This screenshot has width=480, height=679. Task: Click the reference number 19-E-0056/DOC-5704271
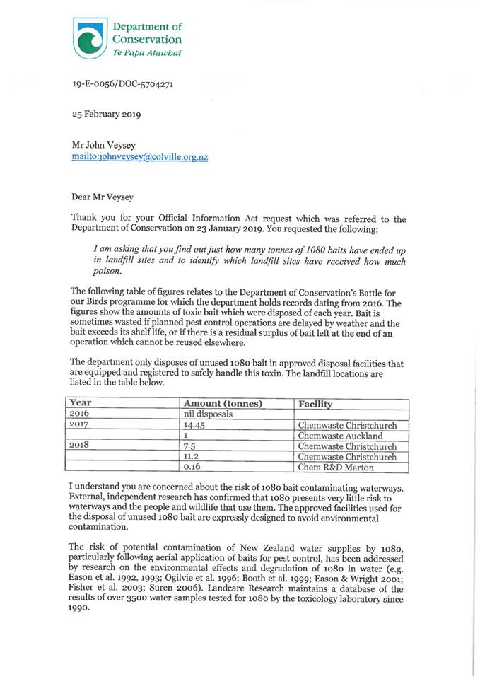click(x=123, y=84)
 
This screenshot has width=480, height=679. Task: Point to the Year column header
click(x=81, y=404)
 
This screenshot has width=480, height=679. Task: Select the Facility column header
click(x=315, y=404)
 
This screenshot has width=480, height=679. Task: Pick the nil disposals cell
click(x=208, y=414)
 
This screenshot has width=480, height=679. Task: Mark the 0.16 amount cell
click(x=192, y=468)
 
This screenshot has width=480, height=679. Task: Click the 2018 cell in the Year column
click(x=82, y=446)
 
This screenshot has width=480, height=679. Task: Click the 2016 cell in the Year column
click(x=82, y=414)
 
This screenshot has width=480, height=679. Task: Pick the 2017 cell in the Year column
click(x=82, y=426)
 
